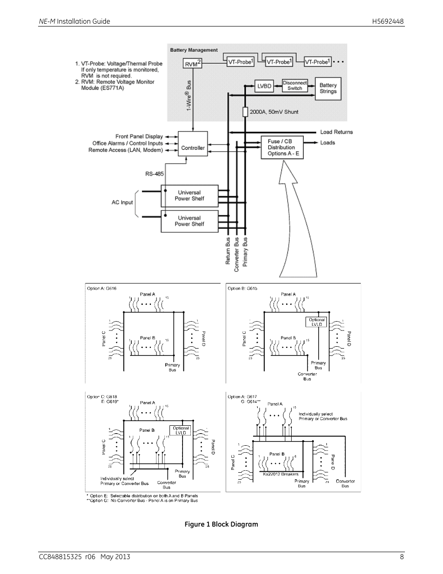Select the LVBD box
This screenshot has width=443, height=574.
264,86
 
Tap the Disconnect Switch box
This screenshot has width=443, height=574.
295,86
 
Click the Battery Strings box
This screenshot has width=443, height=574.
328,88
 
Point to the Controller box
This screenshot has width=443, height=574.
193,148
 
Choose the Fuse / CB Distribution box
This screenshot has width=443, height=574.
282,147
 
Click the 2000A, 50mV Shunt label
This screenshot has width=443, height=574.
274,112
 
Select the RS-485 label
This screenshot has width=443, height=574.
155,174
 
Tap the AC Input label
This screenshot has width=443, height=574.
122,203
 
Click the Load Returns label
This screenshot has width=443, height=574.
336,132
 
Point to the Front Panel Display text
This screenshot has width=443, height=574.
139,137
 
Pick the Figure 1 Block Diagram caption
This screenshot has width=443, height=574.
221,524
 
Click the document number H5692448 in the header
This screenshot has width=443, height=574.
388,21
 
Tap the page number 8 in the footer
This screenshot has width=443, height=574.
402,557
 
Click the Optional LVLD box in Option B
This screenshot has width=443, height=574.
317,322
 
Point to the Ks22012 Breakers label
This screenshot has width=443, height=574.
280,475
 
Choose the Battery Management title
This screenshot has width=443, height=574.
194,50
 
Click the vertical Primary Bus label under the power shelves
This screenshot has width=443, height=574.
245,251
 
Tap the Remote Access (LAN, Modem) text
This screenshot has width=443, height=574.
125,150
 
